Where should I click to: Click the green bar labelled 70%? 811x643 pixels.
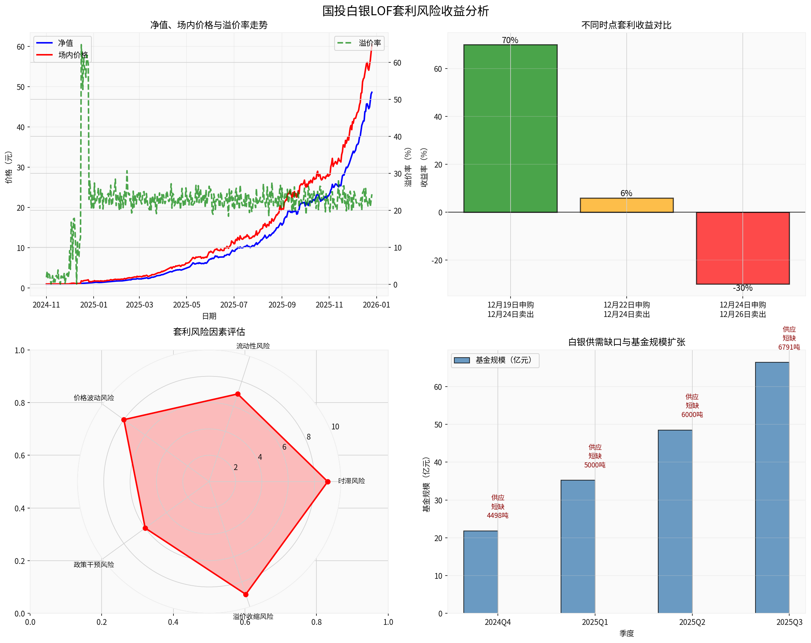coord(510,128)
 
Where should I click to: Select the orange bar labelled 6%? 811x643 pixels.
coord(626,205)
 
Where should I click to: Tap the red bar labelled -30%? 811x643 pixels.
coord(742,248)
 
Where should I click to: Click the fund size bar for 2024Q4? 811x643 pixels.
coord(480,572)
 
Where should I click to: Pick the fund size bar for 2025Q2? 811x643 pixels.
coord(675,521)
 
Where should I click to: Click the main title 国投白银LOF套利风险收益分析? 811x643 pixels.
coord(406,11)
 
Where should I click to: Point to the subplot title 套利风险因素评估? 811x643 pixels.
coord(209,331)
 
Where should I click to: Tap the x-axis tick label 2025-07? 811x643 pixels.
coord(234,305)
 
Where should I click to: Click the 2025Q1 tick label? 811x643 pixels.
coord(595,622)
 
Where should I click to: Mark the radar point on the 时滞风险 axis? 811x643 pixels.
coord(328,482)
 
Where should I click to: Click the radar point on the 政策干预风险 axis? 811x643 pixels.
coord(145,528)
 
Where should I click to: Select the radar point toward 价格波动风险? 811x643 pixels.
coord(124,420)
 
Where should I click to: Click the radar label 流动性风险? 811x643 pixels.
coord(253,346)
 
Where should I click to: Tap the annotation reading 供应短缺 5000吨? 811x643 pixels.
coord(595,456)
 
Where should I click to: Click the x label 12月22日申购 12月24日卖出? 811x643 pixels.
coord(626,309)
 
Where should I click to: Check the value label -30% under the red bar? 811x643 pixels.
coord(742,288)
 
